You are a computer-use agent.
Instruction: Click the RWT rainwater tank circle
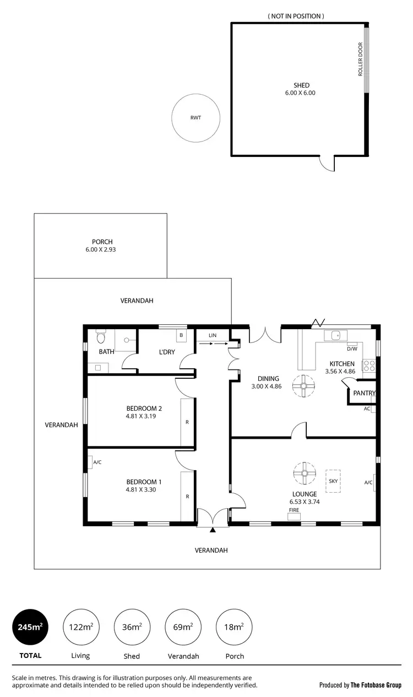pos(195,118)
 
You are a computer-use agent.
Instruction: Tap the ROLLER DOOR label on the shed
pos(361,59)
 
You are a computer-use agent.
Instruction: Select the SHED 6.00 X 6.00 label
pos(301,89)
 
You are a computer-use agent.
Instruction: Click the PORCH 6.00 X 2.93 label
pos(102,246)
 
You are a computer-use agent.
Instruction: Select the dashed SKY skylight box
pos(333,481)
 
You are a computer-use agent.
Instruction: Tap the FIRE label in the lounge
pos(294,510)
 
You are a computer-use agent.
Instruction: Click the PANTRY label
pos(364,393)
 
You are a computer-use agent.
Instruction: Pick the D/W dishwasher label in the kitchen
pos(352,348)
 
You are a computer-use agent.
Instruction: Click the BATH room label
pos(106,351)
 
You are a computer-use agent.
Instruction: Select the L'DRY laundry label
pos(166,352)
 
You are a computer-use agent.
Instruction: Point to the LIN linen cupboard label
pos(213,335)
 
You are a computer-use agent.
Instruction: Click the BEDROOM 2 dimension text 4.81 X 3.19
pos(144,417)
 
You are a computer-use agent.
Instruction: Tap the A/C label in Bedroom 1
pos(97,462)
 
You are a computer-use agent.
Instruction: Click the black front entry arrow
pos(213,530)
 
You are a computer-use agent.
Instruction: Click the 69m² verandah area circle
pos(183,627)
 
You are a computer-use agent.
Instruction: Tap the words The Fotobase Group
pos(376,685)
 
